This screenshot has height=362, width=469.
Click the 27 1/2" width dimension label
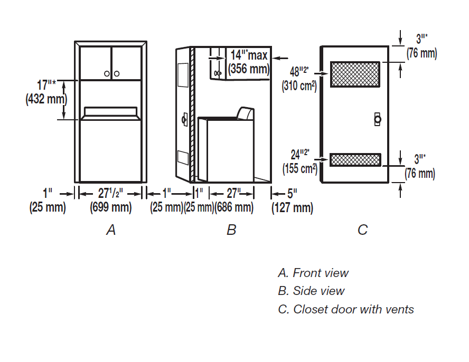coord(110,194)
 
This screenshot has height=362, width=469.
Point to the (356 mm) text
coord(248,69)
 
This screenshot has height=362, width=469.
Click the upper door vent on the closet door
coord(355,74)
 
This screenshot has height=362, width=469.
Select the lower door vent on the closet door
coord(355,159)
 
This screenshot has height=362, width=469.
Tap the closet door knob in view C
coord(377,119)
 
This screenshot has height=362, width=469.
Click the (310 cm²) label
coord(299,85)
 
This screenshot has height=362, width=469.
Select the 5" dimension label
coord(292,194)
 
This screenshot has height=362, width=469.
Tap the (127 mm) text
coord(292,208)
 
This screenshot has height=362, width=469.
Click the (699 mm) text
coord(111,207)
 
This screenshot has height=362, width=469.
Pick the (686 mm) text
coord(234,207)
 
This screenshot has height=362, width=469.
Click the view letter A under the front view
coord(110,230)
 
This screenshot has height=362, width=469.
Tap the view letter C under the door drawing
coord(362,230)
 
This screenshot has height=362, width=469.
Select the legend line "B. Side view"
coord(311,291)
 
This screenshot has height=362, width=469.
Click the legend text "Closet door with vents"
coord(353,309)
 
